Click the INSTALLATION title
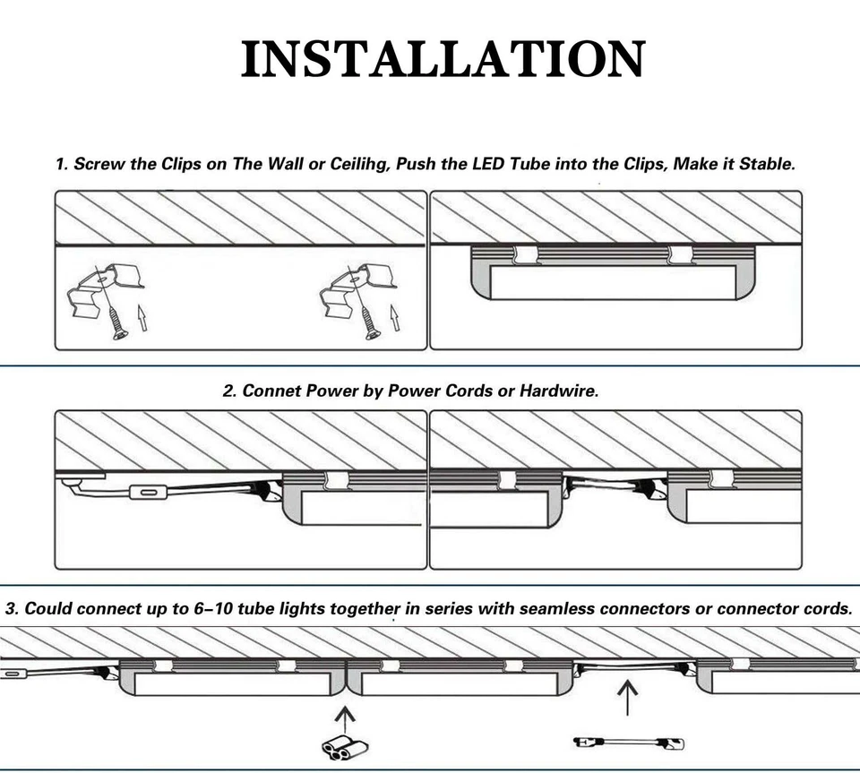(443, 59)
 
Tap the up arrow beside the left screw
(142, 317)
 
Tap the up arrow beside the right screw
(394, 317)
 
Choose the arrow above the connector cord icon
(627, 697)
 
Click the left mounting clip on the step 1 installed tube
(524, 255)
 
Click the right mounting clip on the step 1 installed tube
(680, 255)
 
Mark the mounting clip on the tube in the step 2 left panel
(337, 480)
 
